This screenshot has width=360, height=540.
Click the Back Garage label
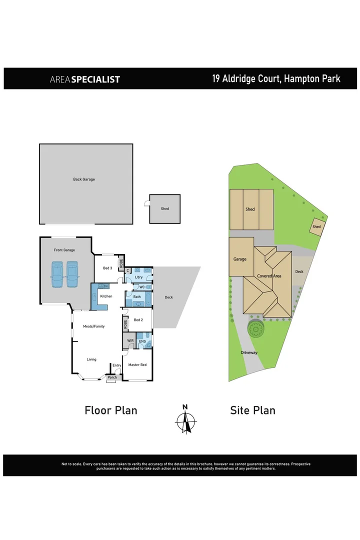83,179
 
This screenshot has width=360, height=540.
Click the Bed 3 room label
107,268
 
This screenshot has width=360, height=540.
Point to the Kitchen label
106,296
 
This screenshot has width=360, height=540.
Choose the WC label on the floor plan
142,287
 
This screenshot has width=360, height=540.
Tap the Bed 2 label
138,320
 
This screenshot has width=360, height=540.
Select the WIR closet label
130,341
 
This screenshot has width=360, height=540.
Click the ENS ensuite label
142,341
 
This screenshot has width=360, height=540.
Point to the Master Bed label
137,365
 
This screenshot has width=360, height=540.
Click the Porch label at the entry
112,377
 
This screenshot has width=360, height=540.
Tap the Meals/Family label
93,326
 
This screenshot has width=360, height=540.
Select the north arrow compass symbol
185,419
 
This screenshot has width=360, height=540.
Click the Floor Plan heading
110,410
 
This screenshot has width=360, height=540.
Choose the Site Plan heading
252,410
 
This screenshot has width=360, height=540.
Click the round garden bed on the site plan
256,329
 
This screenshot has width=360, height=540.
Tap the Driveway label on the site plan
249,352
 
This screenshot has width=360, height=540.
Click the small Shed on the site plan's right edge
316,226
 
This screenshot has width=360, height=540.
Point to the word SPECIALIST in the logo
95,79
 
